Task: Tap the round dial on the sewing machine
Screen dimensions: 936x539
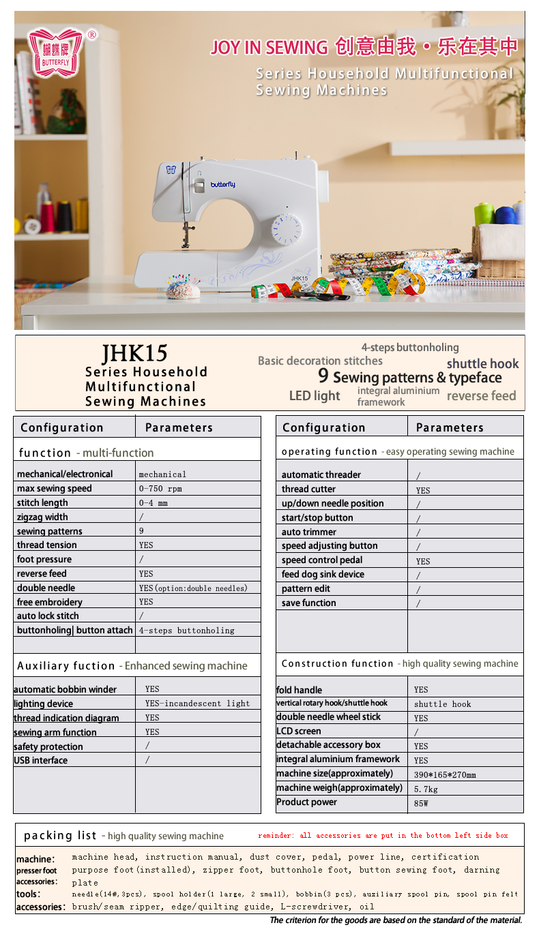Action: coord(287,229)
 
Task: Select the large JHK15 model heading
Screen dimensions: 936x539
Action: coord(134,352)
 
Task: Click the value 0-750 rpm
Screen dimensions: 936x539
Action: coord(160,489)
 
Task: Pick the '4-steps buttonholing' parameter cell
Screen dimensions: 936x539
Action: coord(186,631)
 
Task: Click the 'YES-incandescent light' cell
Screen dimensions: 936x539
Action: coord(197,704)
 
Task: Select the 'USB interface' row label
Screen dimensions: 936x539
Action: coord(41,760)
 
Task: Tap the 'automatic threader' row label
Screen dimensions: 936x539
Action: coord(321,474)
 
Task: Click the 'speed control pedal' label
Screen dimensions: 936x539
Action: coord(322,560)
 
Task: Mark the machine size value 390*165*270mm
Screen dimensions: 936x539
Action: coord(445,774)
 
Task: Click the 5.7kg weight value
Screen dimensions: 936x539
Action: coord(426,789)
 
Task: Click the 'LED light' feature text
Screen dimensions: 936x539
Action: coord(315,395)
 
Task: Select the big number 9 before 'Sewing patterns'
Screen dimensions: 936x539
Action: coord(323,376)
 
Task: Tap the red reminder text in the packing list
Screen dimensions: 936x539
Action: coord(383,835)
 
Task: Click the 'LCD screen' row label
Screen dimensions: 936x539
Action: coord(299,731)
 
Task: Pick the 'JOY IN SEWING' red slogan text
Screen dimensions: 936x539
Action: coord(269,47)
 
